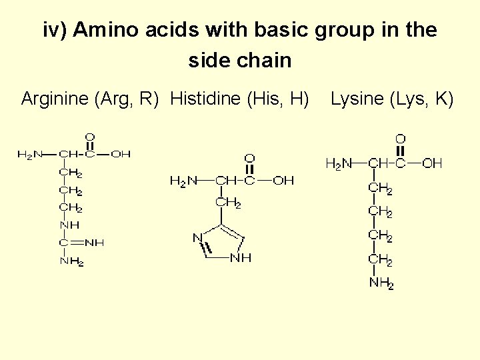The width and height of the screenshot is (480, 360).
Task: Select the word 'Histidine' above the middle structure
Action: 206,99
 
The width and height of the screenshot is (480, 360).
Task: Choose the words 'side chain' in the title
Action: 240,61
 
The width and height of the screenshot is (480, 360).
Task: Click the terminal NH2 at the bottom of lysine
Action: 381,283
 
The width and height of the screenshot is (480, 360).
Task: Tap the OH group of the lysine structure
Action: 432,163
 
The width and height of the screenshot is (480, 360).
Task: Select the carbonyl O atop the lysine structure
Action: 400,139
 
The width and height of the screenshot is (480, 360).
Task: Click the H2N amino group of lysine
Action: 339,163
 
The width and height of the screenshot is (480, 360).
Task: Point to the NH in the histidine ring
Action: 241,258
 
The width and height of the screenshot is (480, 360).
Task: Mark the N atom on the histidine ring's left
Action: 197,237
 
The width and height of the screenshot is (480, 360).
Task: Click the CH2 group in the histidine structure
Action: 227,203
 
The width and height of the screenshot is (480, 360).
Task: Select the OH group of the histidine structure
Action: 283,180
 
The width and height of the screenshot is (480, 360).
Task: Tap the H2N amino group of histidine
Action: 183,180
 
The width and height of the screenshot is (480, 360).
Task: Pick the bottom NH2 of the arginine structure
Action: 71,261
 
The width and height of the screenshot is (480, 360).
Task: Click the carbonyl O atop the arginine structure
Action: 90,137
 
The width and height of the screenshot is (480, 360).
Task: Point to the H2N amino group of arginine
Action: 30,155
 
